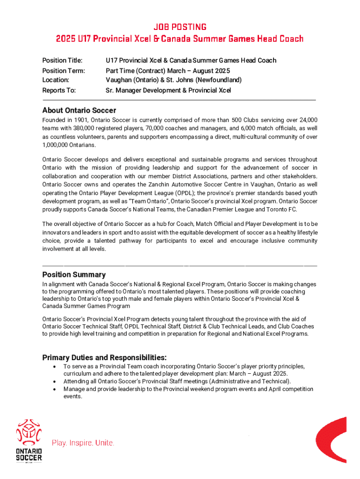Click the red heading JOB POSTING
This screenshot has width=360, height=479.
pyautogui.click(x=180, y=27)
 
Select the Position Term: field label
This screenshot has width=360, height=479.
pyautogui.click(x=64, y=71)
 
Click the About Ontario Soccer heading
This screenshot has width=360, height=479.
pyautogui.click(x=79, y=110)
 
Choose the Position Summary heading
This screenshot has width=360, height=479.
pyautogui.click(x=74, y=275)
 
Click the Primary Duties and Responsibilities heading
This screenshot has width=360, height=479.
pyautogui.click(x=104, y=357)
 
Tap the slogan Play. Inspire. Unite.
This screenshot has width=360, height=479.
pyautogui.click(x=83, y=443)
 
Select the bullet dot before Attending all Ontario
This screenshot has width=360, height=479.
pyautogui.click(x=56, y=381)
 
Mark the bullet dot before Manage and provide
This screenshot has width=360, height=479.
pyautogui.click(x=56, y=389)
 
